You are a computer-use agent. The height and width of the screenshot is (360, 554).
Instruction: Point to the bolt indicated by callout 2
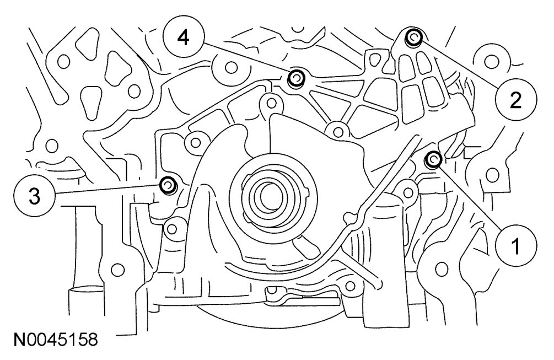pos(413,37)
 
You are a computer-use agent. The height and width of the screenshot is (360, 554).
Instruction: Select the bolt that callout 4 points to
pos(297,78)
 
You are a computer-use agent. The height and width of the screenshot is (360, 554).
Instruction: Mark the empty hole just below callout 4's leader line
pos(232,68)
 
